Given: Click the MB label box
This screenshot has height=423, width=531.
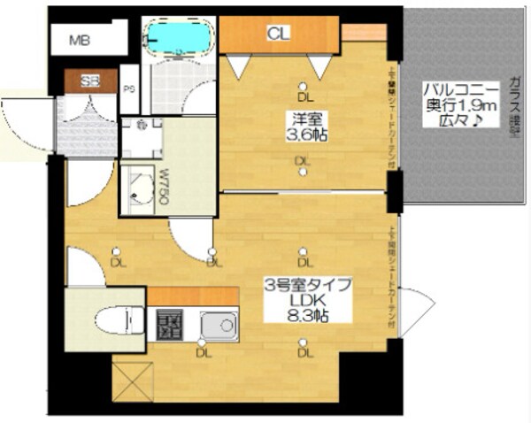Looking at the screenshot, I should pyautogui.click(x=81, y=41).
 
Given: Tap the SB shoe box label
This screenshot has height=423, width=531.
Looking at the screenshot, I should pyautogui.click(x=90, y=81).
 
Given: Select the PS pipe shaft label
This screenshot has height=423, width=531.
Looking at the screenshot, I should pyautogui.click(x=129, y=88).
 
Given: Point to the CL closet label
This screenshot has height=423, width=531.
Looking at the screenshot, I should pyautogui.click(x=278, y=35).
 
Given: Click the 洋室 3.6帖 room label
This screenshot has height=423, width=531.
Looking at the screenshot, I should pyautogui.click(x=303, y=126).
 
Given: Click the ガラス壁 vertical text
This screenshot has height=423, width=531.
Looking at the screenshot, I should pyautogui.click(x=514, y=104).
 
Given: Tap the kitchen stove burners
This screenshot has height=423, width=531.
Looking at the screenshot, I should pyautogui.click(x=170, y=326).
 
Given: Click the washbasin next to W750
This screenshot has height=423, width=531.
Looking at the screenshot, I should pyautogui.click(x=136, y=189).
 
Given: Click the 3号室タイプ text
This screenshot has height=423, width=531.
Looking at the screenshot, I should pyautogui.click(x=308, y=285).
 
